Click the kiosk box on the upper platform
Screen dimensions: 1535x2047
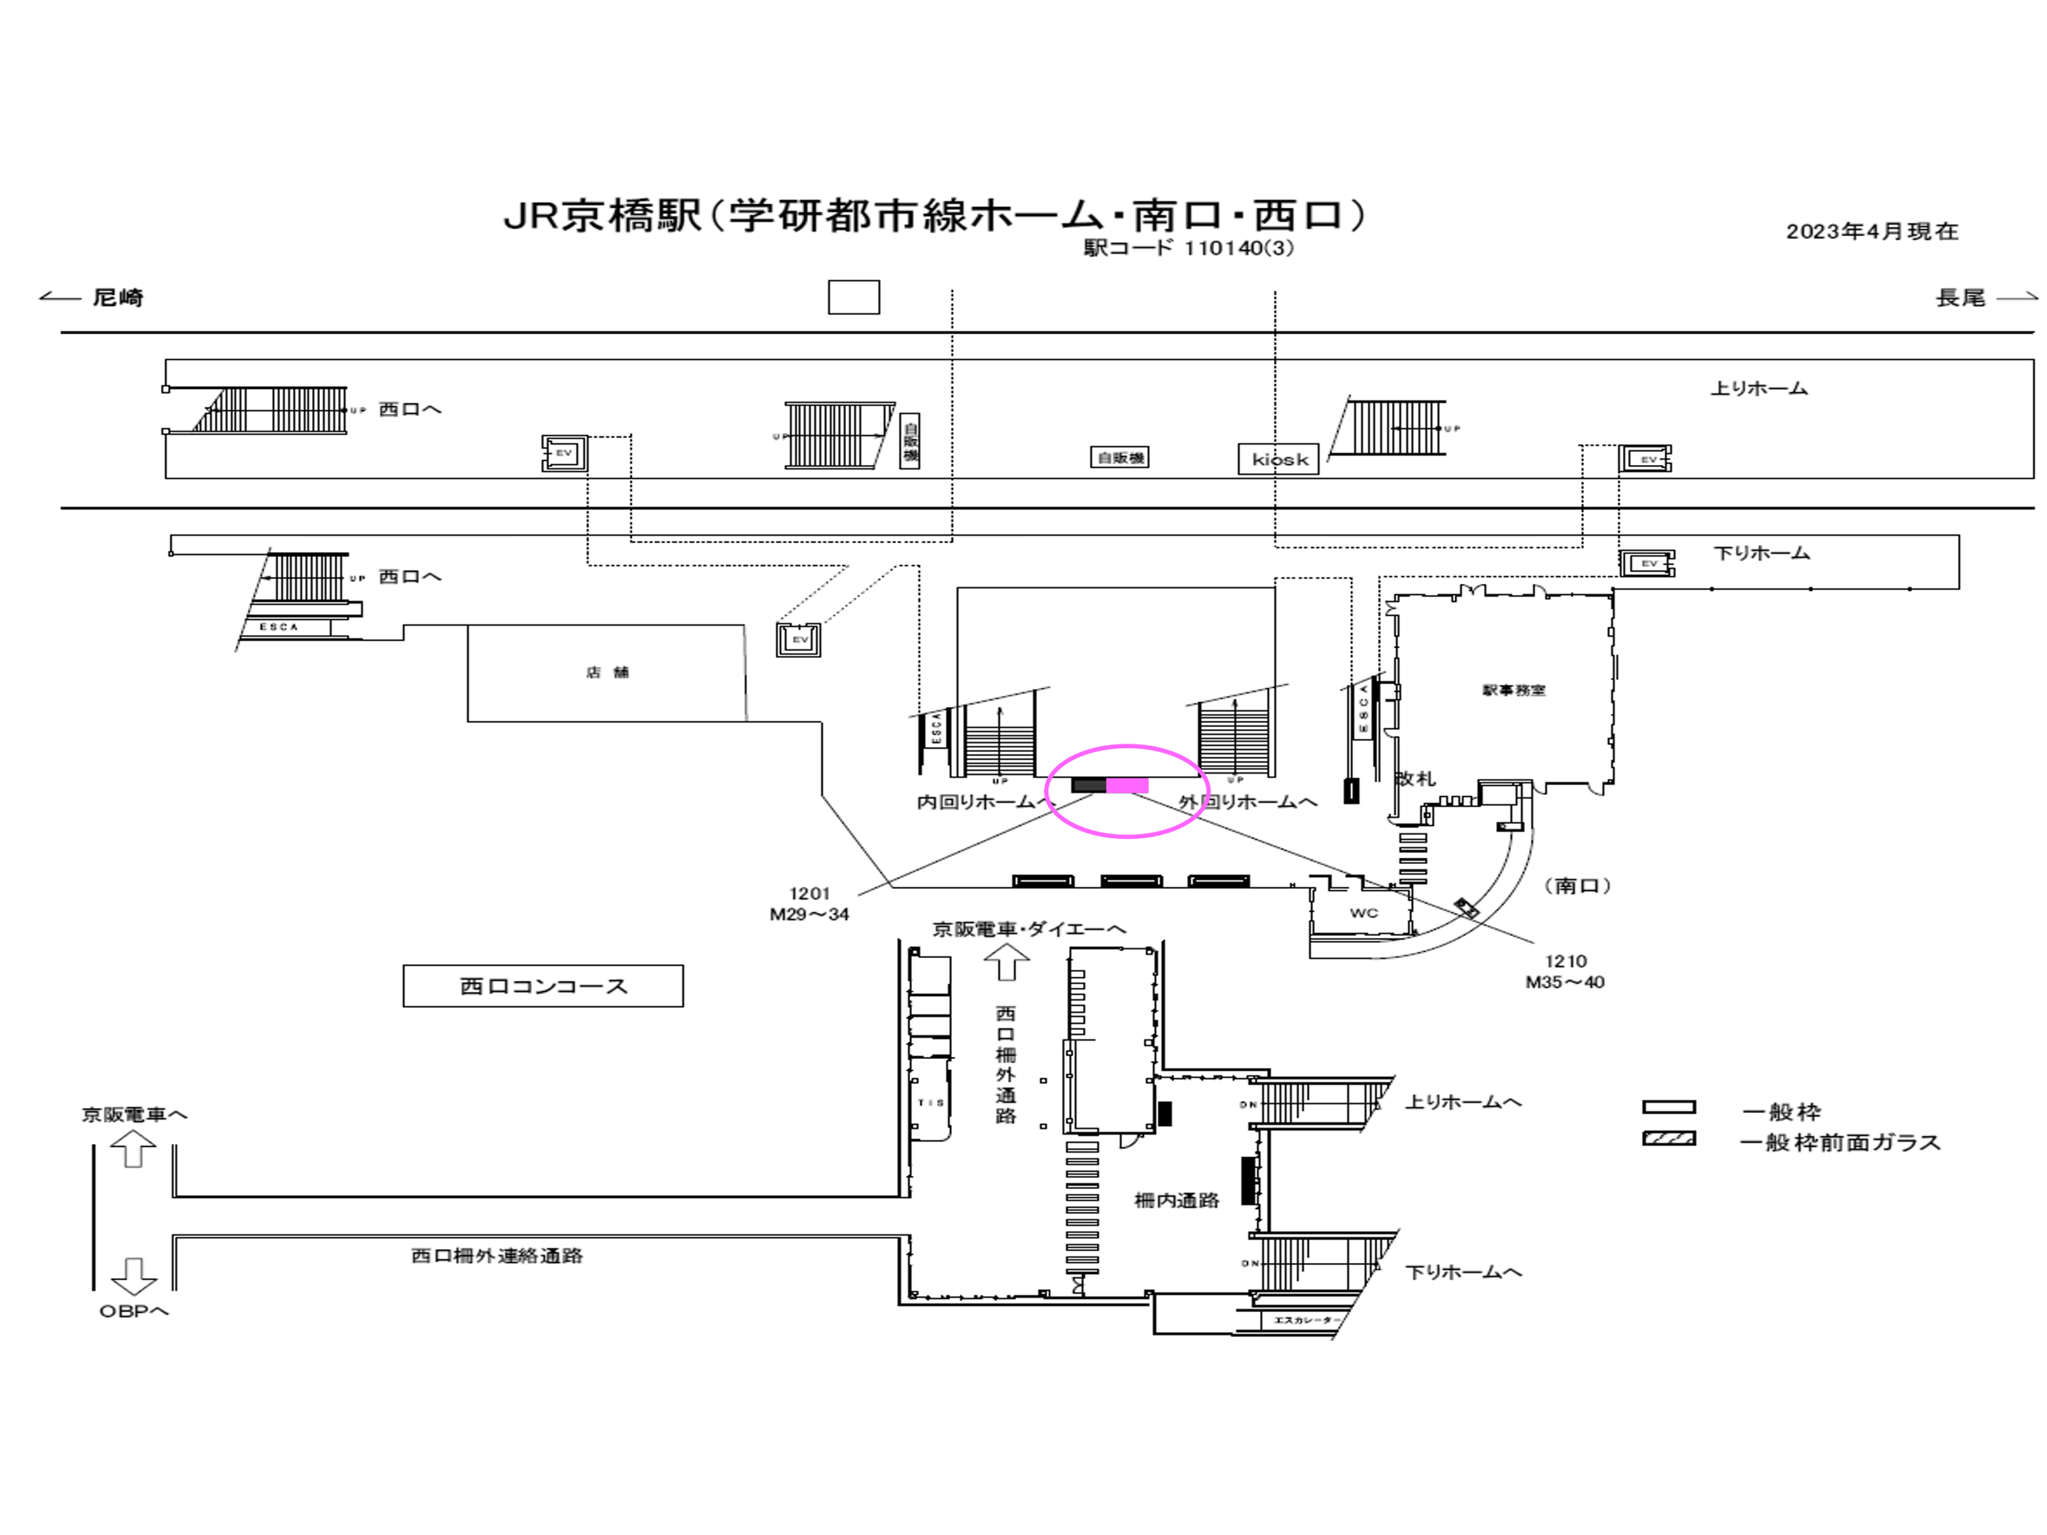point(1278,459)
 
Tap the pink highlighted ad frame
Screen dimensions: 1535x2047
point(1127,785)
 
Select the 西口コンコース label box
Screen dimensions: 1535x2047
point(543,986)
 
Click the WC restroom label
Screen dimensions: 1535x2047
point(1363,912)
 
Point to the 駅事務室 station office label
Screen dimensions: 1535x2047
point(1513,690)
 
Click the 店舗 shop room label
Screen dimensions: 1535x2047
point(607,672)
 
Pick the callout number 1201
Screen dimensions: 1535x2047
point(809,894)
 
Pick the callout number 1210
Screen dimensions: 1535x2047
point(1565,961)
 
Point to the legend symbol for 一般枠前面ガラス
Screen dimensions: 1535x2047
point(1668,1139)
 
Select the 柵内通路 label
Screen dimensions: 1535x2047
point(1176,1201)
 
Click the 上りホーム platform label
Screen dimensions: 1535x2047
point(1758,388)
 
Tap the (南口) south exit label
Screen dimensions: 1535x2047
point(1577,886)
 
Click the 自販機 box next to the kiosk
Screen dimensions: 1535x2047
point(1120,458)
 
